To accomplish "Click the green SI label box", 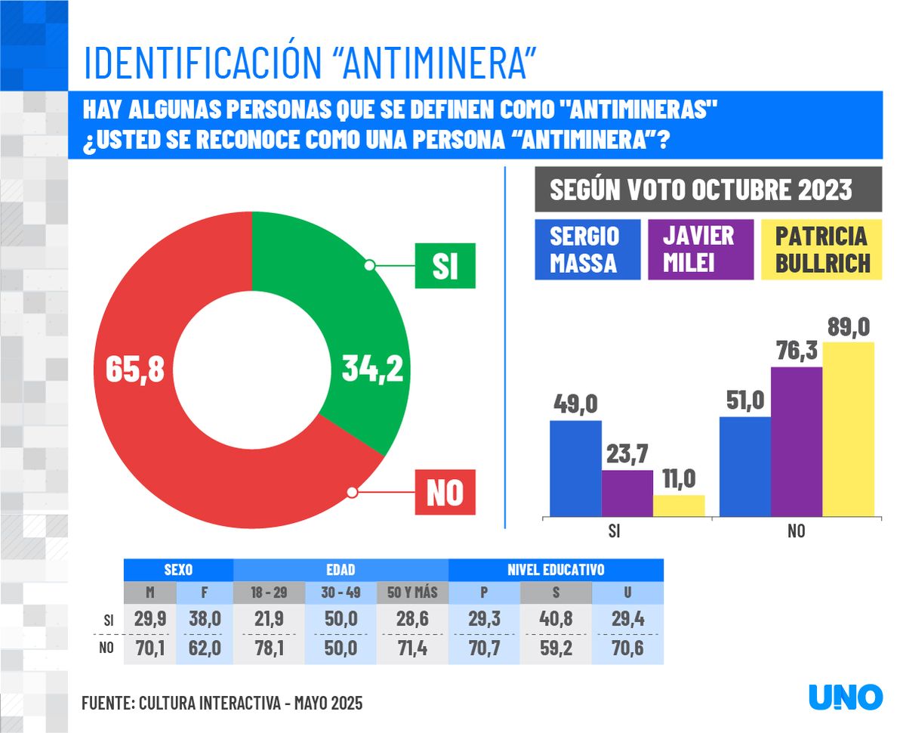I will (445, 265).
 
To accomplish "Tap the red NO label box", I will (445, 492).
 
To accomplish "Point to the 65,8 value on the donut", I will (134, 370).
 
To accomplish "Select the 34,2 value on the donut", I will (371, 370).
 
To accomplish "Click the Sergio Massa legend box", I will (587, 249).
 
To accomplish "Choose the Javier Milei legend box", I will (700, 249).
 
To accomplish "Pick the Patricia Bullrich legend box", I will (821, 249).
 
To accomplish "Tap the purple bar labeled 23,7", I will (627, 493).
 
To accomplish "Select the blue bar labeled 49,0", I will (575, 469).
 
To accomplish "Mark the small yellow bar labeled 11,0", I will (679, 506).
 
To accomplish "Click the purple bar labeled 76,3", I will (797, 442).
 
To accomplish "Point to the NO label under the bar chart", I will (796, 531).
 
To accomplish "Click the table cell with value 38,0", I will (205, 619).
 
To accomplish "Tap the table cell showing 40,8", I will (556, 619).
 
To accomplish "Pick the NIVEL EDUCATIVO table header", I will (556, 570).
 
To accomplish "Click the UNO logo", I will (845, 697).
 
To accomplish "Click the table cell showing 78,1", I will (269, 648).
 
